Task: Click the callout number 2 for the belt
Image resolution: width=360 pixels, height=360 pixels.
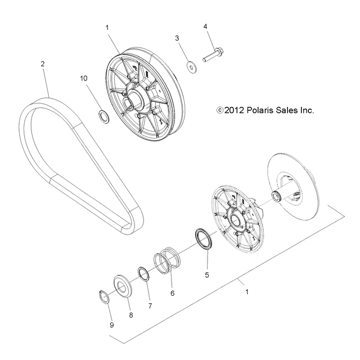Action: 42,64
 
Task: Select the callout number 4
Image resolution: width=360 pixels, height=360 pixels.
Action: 205,26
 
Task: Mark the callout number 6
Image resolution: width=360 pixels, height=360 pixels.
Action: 172,293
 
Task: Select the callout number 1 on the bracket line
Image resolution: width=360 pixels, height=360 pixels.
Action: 246,292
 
